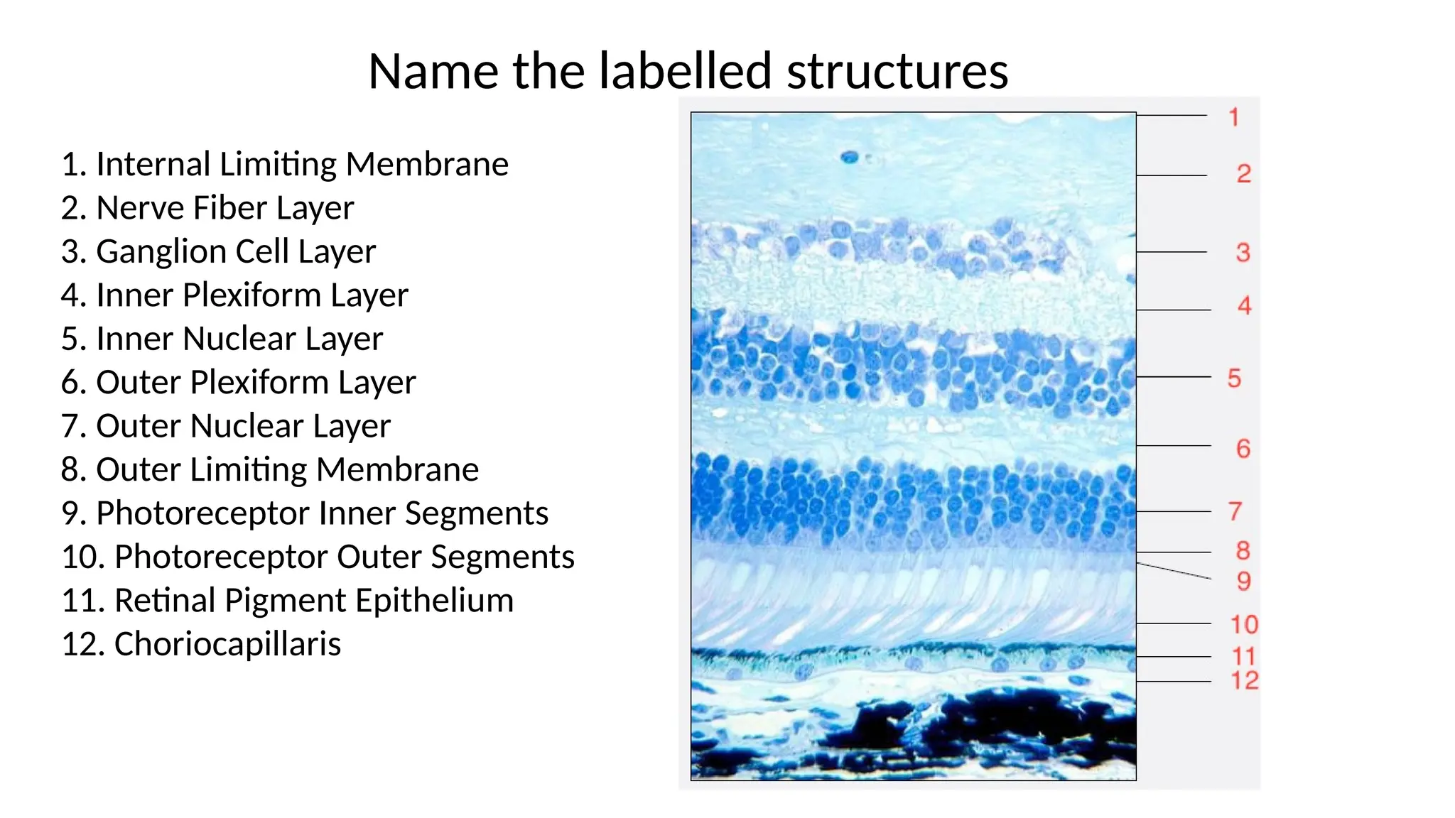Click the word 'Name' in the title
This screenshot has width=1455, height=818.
click(433, 72)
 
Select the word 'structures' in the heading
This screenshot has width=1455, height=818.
click(897, 72)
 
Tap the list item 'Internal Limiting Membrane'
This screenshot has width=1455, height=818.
click(285, 164)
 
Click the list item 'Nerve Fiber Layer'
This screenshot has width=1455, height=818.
click(207, 208)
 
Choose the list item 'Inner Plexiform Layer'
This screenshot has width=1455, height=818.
click(234, 295)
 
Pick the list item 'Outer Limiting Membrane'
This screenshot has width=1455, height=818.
click(270, 469)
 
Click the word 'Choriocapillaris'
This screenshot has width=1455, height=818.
click(227, 644)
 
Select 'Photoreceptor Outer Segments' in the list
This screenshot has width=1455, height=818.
click(318, 557)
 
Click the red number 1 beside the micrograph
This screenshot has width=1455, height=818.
click(1234, 117)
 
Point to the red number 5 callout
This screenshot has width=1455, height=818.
click(1234, 378)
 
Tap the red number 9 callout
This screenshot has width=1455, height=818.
click(1243, 582)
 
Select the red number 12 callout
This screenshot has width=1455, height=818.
click(1244, 680)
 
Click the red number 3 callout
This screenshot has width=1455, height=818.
click(1243, 252)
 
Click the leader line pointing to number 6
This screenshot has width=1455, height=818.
click(1174, 446)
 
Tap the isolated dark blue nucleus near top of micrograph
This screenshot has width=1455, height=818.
click(849, 158)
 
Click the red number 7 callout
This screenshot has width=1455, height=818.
click(1235, 511)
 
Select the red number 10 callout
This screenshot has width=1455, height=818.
click(1244, 625)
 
